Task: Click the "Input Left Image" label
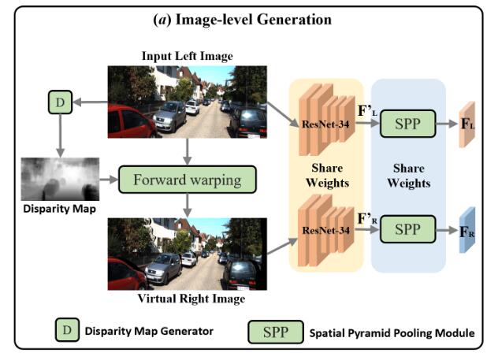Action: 188,57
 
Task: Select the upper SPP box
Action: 407,124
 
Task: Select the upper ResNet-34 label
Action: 324,124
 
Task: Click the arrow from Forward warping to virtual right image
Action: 188,203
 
